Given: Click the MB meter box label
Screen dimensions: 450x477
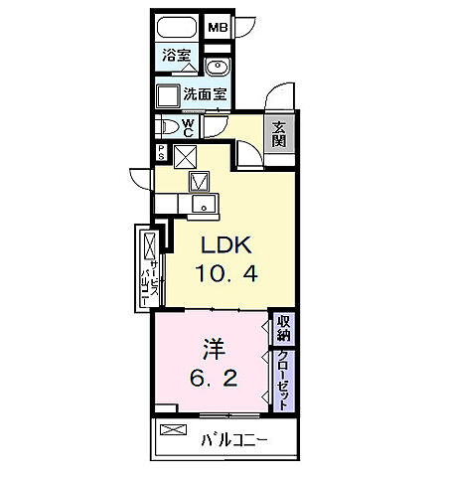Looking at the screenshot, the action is pos(218,27).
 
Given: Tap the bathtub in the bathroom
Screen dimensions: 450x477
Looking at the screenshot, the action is pos(177,28).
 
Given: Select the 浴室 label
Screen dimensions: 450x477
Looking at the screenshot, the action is pos(176,55).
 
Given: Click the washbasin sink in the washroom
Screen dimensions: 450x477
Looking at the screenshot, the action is pos(218,66).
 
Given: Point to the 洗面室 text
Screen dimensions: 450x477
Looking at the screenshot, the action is pos(206,94).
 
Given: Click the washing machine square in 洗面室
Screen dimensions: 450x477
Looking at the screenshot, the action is pos(168,96).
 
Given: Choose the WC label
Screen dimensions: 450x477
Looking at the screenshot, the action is pos(188,128).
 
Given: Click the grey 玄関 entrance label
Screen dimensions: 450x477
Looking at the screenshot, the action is pos(279,134).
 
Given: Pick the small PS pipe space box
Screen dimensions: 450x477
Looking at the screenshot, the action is pos(161,153).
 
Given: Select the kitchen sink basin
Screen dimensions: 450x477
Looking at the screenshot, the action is pos(204,203).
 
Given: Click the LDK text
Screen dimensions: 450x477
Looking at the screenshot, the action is pos(226,245).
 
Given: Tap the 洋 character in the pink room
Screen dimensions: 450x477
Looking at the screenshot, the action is pos(214,350).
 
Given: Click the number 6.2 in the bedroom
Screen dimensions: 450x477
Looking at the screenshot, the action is pos(214,378).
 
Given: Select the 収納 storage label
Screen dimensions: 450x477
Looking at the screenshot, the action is pos(284,328).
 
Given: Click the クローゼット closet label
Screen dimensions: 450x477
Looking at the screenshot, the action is pos(284,382).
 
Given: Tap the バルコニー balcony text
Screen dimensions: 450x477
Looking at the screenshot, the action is pos(234,440).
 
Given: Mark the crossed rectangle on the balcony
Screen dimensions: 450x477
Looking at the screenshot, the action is pos(173,429).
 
